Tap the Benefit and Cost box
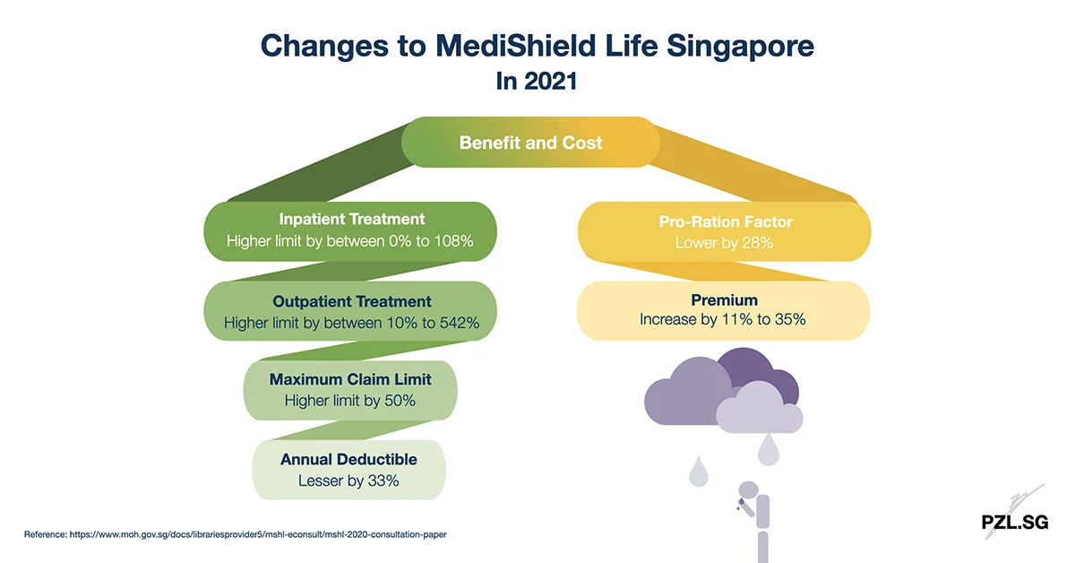(x=530, y=143)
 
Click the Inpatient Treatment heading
(x=351, y=219)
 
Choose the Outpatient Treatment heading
(x=352, y=301)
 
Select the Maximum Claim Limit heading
(x=350, y=379)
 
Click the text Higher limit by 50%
(x=350, y=401)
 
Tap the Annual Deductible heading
(x=348, y=459)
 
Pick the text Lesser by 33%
(x=348, y=481)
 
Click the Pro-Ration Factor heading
(x=725, y=221)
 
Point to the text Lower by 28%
(x=725, y=243)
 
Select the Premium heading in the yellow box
(x=724, y=300)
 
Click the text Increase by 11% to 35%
(x=723, y=319)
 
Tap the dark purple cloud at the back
(x=757, y=368)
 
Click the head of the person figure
(x=747, y=489)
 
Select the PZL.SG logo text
(x=1013, y=523)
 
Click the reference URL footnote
(x=235, y=534)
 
